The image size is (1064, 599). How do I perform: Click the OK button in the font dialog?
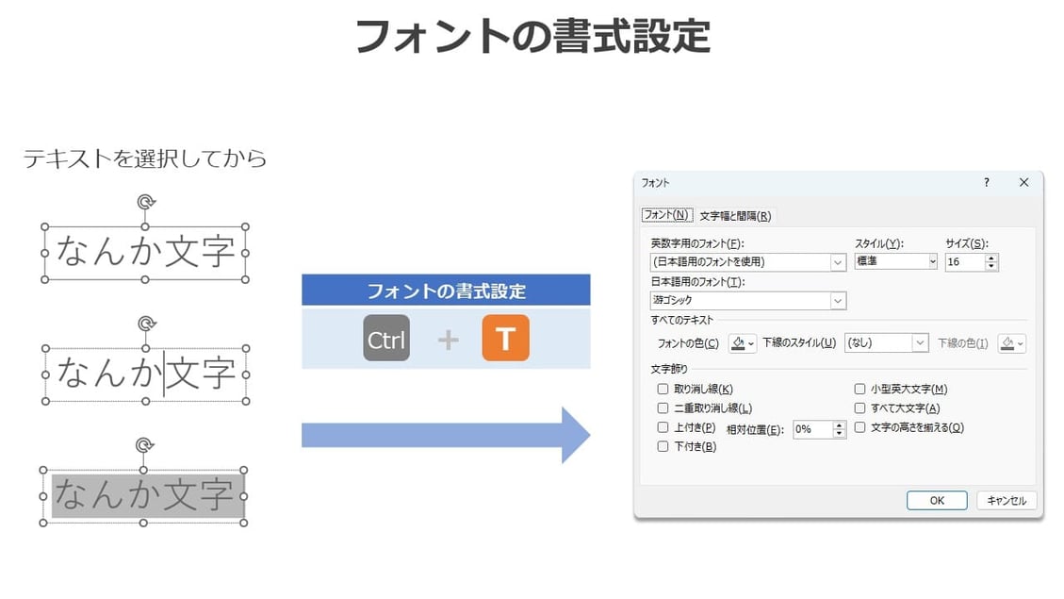point(936,500)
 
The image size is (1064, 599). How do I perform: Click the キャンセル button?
point(1007,500)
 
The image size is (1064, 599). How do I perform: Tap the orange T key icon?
point(505,339)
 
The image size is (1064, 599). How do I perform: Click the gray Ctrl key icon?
point(386,339)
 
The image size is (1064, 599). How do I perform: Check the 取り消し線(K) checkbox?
point(663,389)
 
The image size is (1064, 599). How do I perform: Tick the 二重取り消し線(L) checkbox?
point(663,408)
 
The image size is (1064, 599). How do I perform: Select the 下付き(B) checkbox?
point(663,446)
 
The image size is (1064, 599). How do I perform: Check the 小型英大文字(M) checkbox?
point(859,389)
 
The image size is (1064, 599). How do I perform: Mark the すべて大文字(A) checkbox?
point(859,408)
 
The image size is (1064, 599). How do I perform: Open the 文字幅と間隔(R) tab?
point(735,216)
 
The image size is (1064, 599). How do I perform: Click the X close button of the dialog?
point(1023,183)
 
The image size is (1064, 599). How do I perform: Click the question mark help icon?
point(986,183)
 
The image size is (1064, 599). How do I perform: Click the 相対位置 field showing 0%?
point(811,429)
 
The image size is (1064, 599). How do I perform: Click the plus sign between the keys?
point(448,340)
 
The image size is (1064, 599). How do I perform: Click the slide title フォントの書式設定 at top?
point(532,36)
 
